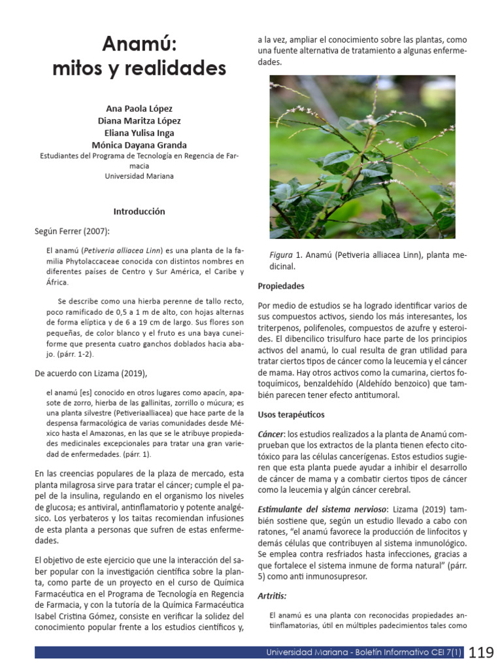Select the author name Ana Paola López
point(139,109)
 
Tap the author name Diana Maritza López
point(139,121)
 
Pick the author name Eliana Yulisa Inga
point(139,133)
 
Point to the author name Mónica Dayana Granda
point(139,145)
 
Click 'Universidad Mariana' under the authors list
point(139,176)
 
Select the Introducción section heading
point(139,211)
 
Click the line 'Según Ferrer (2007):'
point(72,231)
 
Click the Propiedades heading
point(281,286)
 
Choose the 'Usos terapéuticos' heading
point(291,415)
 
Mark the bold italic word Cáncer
point(271,434)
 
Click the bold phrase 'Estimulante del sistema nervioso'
point(320,508)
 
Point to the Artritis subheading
point(272,595)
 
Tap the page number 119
point(481,652)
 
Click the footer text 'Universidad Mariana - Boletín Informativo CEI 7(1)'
point(363,652)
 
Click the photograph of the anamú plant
point(362,156)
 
